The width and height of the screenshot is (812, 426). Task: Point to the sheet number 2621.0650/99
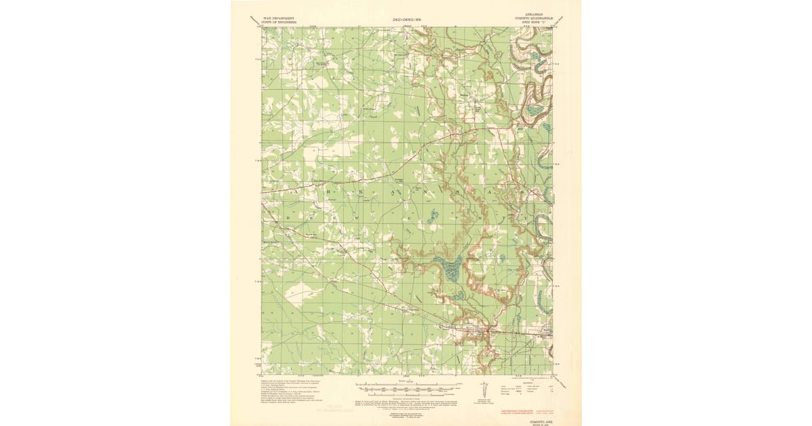tap(406, 20)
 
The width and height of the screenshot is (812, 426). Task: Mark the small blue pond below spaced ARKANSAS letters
tap(434, 215)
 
